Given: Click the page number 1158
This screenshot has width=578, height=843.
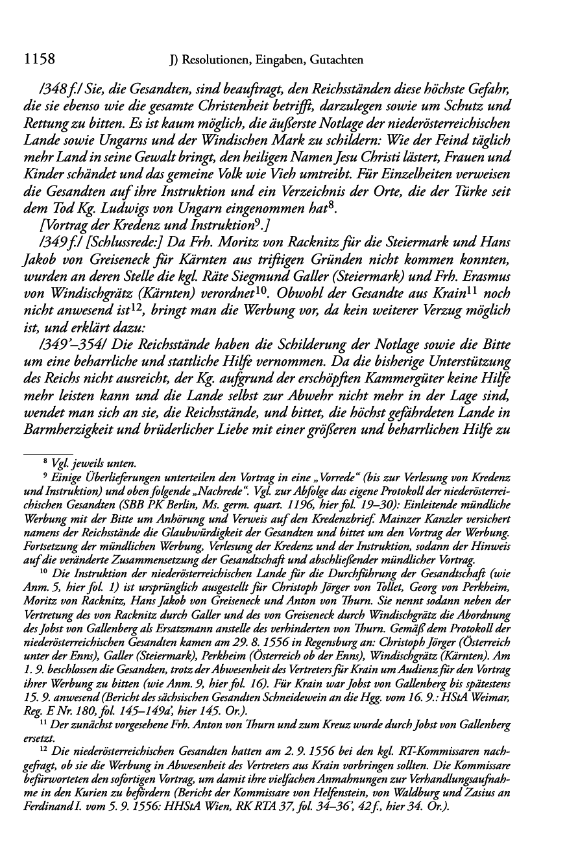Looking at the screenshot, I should (x=38, y=60).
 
